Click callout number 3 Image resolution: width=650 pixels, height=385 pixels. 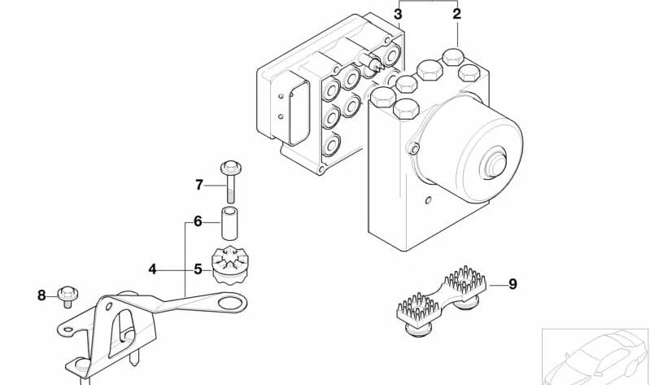coord(398,14)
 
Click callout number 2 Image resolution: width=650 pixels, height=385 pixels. coord(456,14)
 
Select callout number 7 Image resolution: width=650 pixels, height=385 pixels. coord(198,185)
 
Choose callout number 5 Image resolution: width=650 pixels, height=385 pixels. coord(198,267)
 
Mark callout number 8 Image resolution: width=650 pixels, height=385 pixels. coord(41,295)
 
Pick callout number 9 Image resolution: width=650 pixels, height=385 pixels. coord(512,284)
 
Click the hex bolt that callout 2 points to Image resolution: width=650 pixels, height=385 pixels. coord(452,56)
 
